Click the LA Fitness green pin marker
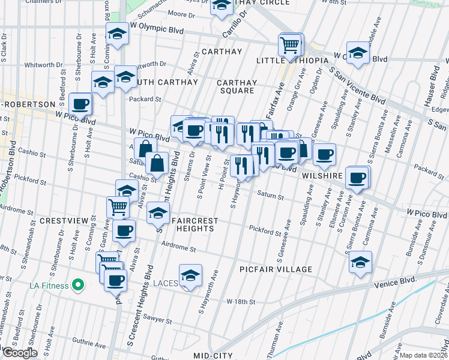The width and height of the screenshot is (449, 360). coord(77,284)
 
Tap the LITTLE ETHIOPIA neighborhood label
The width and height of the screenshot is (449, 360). coord(292,61)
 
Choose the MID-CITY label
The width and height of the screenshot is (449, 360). coord(213,355)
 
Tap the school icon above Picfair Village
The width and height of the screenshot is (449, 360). coord(360,262)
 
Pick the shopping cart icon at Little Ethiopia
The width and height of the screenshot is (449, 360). coord(290,44)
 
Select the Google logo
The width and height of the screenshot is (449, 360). coord(19,353)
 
